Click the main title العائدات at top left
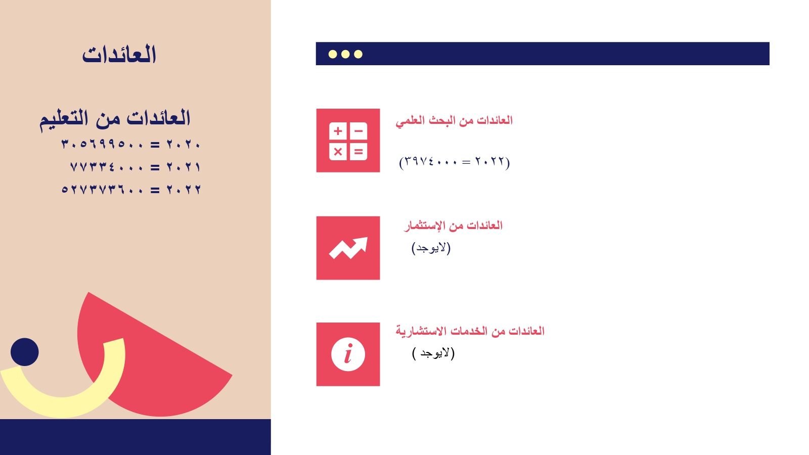pos(119,55)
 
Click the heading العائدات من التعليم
pos(115,118)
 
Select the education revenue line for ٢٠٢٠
pos(131,145)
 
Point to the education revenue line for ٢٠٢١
pos(135,167)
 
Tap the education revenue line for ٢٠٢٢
pos(131,189)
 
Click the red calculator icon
pos(348,141)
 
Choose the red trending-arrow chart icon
pos(348,248)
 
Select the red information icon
pos(348,354)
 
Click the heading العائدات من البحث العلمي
pos(454,121)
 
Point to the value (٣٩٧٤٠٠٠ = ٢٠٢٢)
pos(455,162)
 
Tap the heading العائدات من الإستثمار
pos(453,225)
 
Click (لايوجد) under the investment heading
pos(431,248)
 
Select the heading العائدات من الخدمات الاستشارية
pos(470,331)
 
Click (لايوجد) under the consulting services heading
pos(433,353)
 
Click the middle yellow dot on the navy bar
pos(345,54)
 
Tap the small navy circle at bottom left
pos(25,352)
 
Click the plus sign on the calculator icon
pos(338,131)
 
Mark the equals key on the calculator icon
pos(358,152)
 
